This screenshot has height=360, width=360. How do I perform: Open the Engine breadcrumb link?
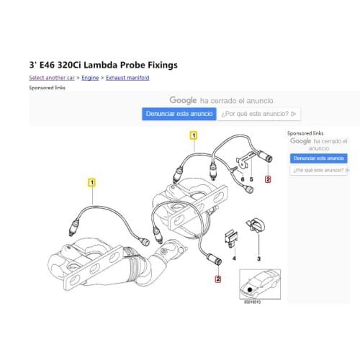[90, 77]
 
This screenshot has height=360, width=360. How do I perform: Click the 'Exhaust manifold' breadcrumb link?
[127, 77]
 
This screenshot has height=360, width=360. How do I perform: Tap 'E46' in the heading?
[51, 65]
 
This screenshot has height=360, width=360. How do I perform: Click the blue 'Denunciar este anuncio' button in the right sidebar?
[318, 158]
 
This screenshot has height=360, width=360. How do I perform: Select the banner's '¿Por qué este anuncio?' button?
[260, 114]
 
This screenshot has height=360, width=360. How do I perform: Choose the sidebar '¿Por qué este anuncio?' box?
[318, 170]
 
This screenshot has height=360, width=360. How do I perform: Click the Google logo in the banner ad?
[183, 101]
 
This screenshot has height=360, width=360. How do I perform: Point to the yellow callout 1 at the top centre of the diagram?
[193, 135]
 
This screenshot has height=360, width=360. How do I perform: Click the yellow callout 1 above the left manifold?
[91, 182]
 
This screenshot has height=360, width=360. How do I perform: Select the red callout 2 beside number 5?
[268, 179]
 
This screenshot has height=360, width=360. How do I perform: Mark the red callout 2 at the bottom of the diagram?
[218, 278]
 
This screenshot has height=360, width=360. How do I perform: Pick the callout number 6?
[243, 179]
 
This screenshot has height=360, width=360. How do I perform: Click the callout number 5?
[252, 179]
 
